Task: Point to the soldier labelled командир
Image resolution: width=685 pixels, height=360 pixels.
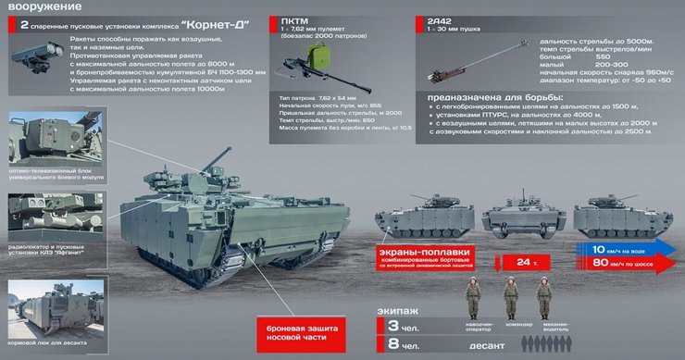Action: click(x=511, y=296)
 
